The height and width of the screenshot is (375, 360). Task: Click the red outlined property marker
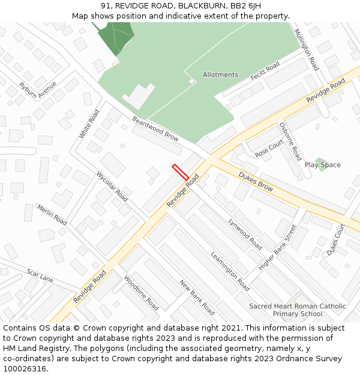pos(180,172)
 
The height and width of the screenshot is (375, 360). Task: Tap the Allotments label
pos(220,75)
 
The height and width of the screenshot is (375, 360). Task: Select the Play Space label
pos(322,165)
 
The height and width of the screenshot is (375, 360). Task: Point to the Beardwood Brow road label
pos(155,128)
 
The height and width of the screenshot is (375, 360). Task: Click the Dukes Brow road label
pos(256,182)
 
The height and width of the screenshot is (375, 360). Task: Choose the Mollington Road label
pos(306,50)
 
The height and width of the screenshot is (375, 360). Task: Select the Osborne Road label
pos(290,142)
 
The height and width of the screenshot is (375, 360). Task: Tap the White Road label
pos(89,124)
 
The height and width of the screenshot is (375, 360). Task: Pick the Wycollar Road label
pos(112,187)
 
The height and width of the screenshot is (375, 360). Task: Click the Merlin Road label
pos(52,214)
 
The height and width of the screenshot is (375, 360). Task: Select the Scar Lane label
pos(40,276)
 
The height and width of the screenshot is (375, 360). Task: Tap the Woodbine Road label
pos(141,293)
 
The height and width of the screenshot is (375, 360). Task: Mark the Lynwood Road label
pos(245,234)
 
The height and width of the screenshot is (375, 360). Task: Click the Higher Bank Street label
pos(278,247)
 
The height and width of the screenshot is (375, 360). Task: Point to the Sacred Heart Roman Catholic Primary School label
pos(298,310)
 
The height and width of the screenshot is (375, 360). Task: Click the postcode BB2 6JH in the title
pos(245,5)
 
